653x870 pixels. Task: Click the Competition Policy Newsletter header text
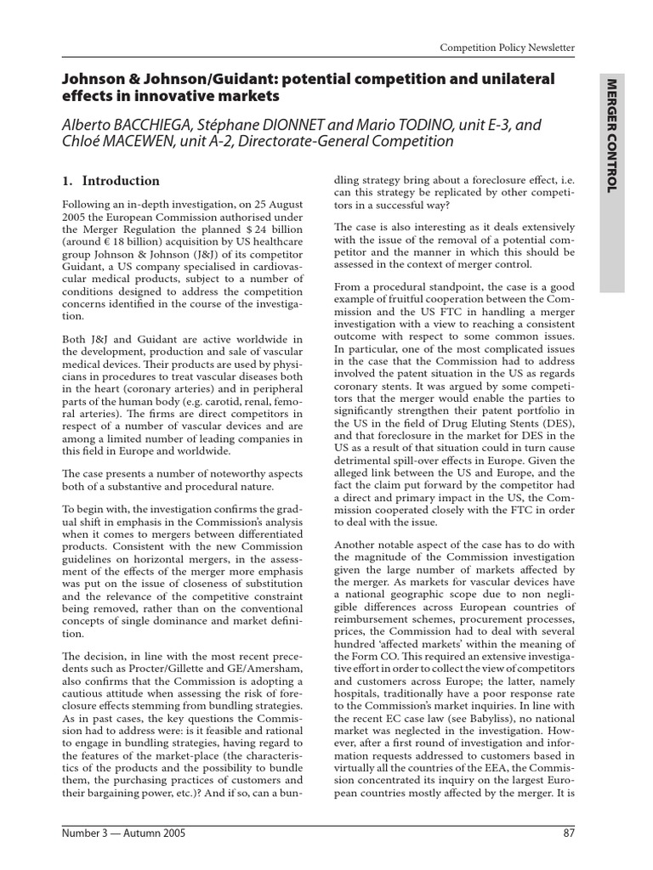click(x=507, y=48)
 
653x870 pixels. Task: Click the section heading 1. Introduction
click(x=112, y=180)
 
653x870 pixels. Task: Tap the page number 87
click(x=569, y=833)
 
